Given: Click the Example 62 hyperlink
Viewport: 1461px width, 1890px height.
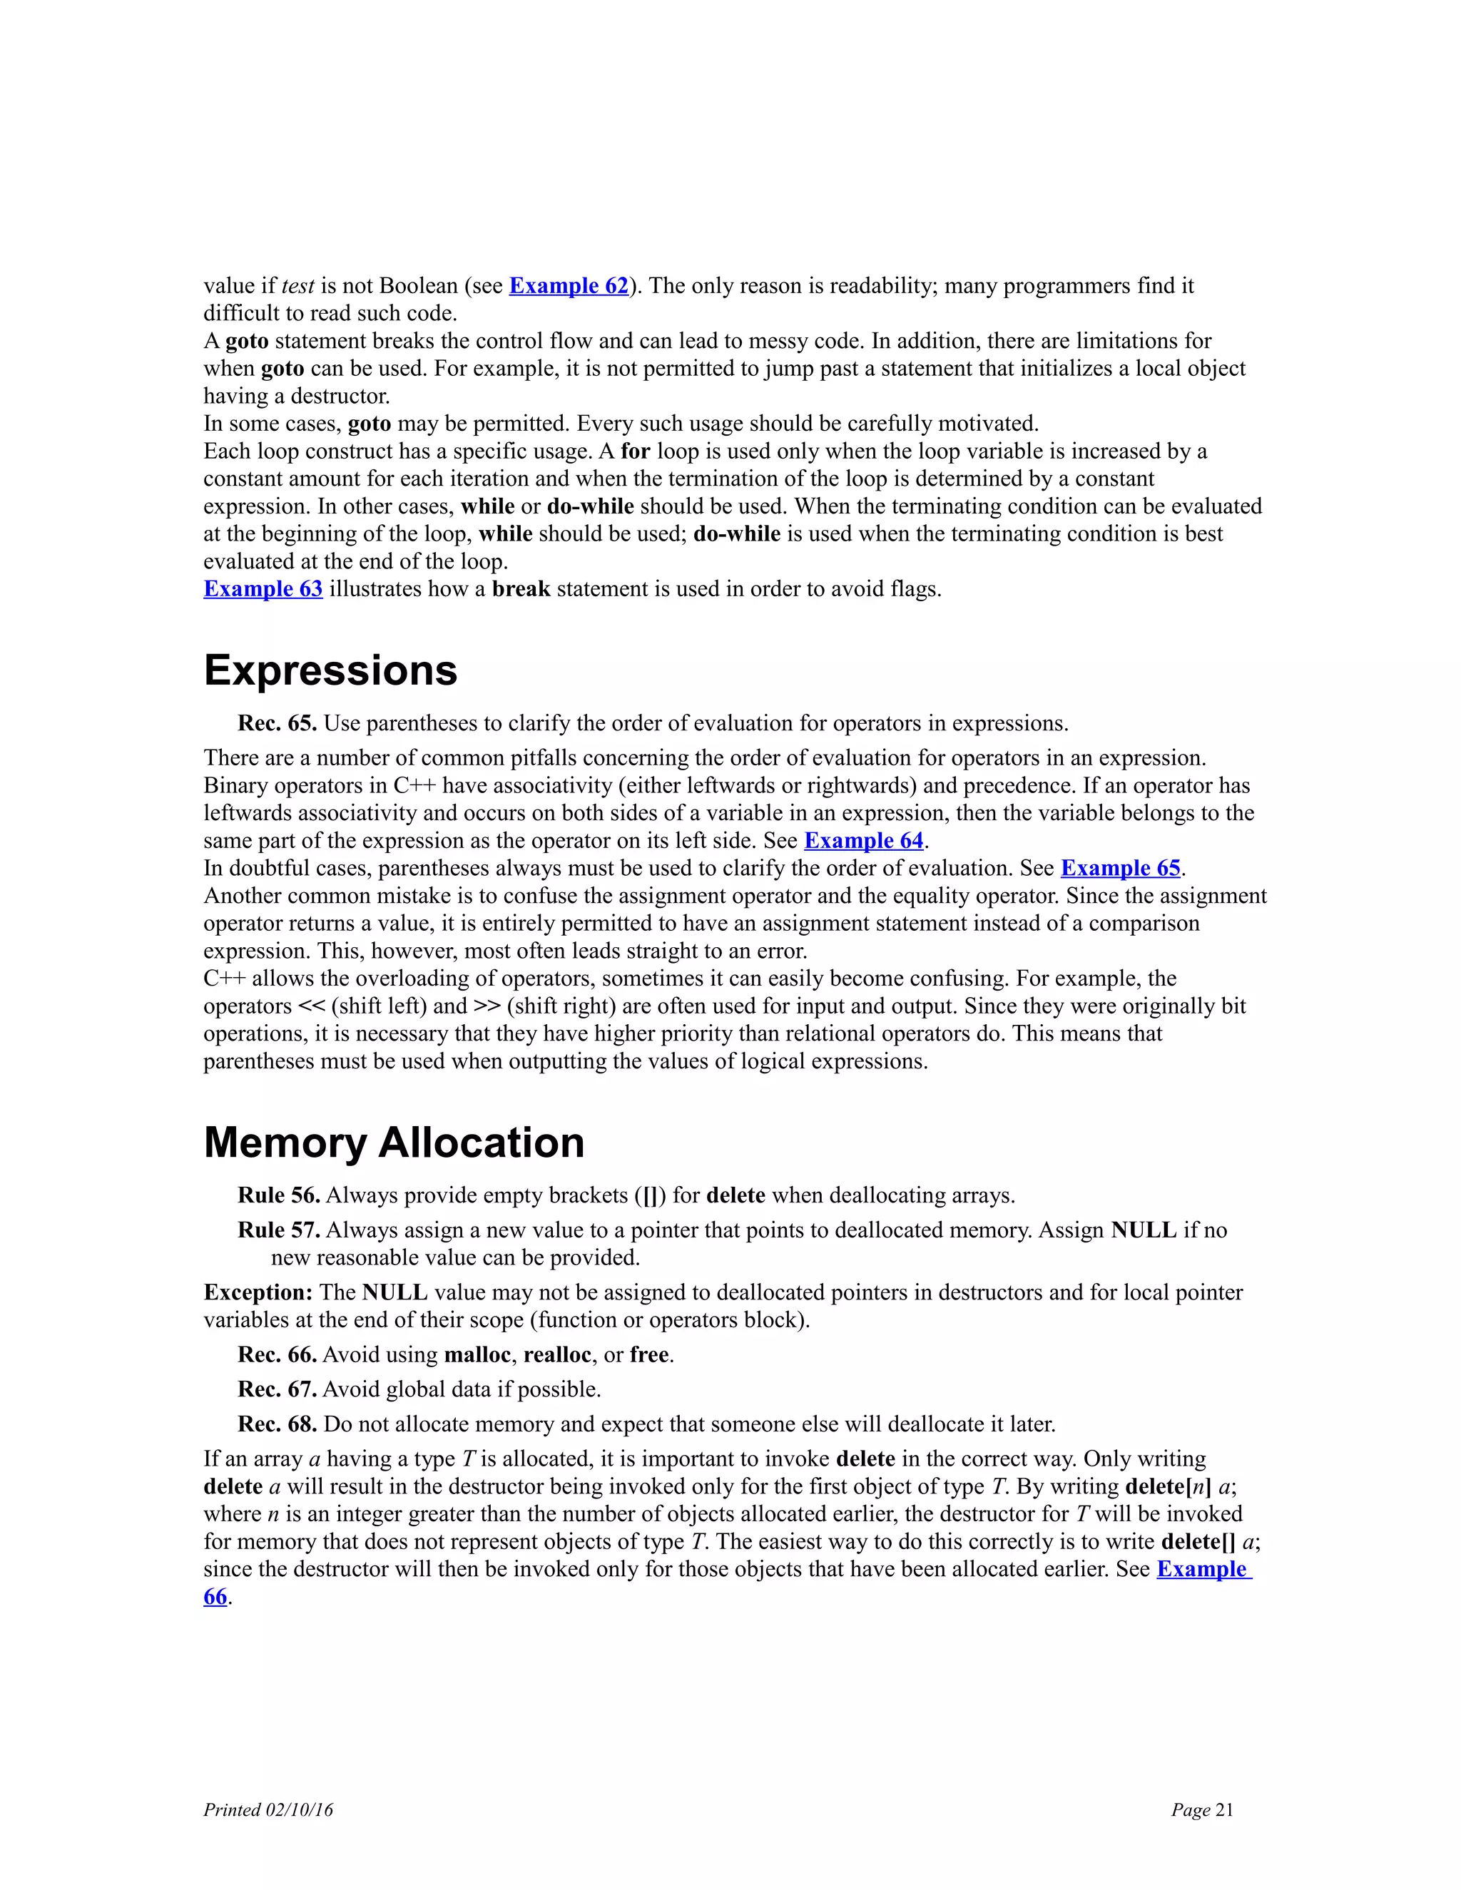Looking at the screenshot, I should pos(568,285).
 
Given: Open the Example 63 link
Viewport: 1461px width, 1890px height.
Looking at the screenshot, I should pos(263,589).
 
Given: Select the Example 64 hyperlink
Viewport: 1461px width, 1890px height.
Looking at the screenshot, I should pos(863,841).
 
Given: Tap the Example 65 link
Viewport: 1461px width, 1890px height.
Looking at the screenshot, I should pos(1120,869).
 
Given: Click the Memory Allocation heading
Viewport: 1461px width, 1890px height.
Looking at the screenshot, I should pos(394,1143).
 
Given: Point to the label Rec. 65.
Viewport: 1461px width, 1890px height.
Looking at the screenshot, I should pos(277,723).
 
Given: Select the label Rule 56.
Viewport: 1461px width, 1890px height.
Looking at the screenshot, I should pos(279,1196).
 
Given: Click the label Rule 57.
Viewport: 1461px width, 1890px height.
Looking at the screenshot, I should pos(279,1230).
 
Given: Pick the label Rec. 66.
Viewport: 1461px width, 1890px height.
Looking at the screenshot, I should pos(277,1355).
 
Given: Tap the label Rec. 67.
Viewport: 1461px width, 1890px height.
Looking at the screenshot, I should pos(277,1390).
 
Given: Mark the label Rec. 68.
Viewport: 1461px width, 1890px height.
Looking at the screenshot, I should pos(277,1424).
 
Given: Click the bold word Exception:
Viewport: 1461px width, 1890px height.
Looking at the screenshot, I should pos(257,1293).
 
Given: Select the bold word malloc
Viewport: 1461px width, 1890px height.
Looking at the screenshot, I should pos(477,1355).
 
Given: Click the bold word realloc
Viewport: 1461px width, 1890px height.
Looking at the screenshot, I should pos(556,1355).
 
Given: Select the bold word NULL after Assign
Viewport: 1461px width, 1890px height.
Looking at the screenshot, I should pos(1144,1230).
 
